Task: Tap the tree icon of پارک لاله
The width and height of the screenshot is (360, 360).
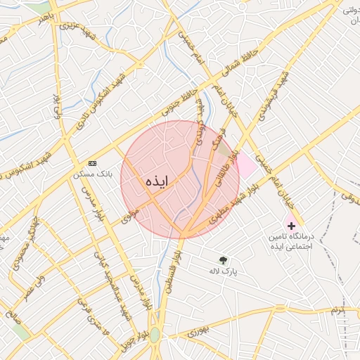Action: click(x=224, y=260)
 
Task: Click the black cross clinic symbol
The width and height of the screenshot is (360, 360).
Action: click(x=291, y=226)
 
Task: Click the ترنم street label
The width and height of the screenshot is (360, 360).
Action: click(x=340, y=310)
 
